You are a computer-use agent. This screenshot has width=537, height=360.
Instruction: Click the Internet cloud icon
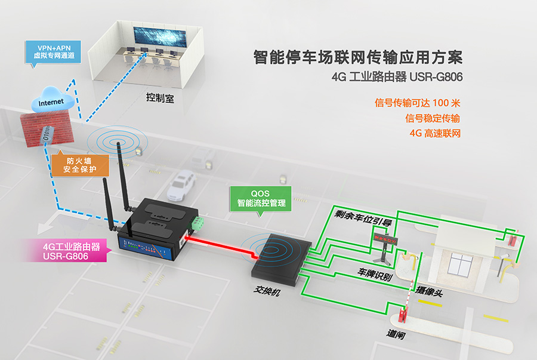[x=52, y=101]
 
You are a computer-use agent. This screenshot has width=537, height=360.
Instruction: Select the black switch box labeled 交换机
[x=277, y=257]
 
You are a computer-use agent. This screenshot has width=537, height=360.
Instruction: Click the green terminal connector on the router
[x=196, y=224]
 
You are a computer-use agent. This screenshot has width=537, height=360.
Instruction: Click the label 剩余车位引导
[x=363, y=218]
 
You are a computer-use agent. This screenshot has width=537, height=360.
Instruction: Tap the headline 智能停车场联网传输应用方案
[x=357, y=58]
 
